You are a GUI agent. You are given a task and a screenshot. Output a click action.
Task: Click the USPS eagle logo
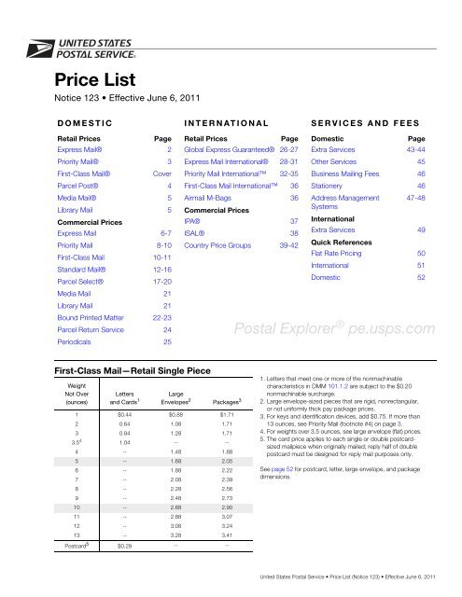coord(38,44)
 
